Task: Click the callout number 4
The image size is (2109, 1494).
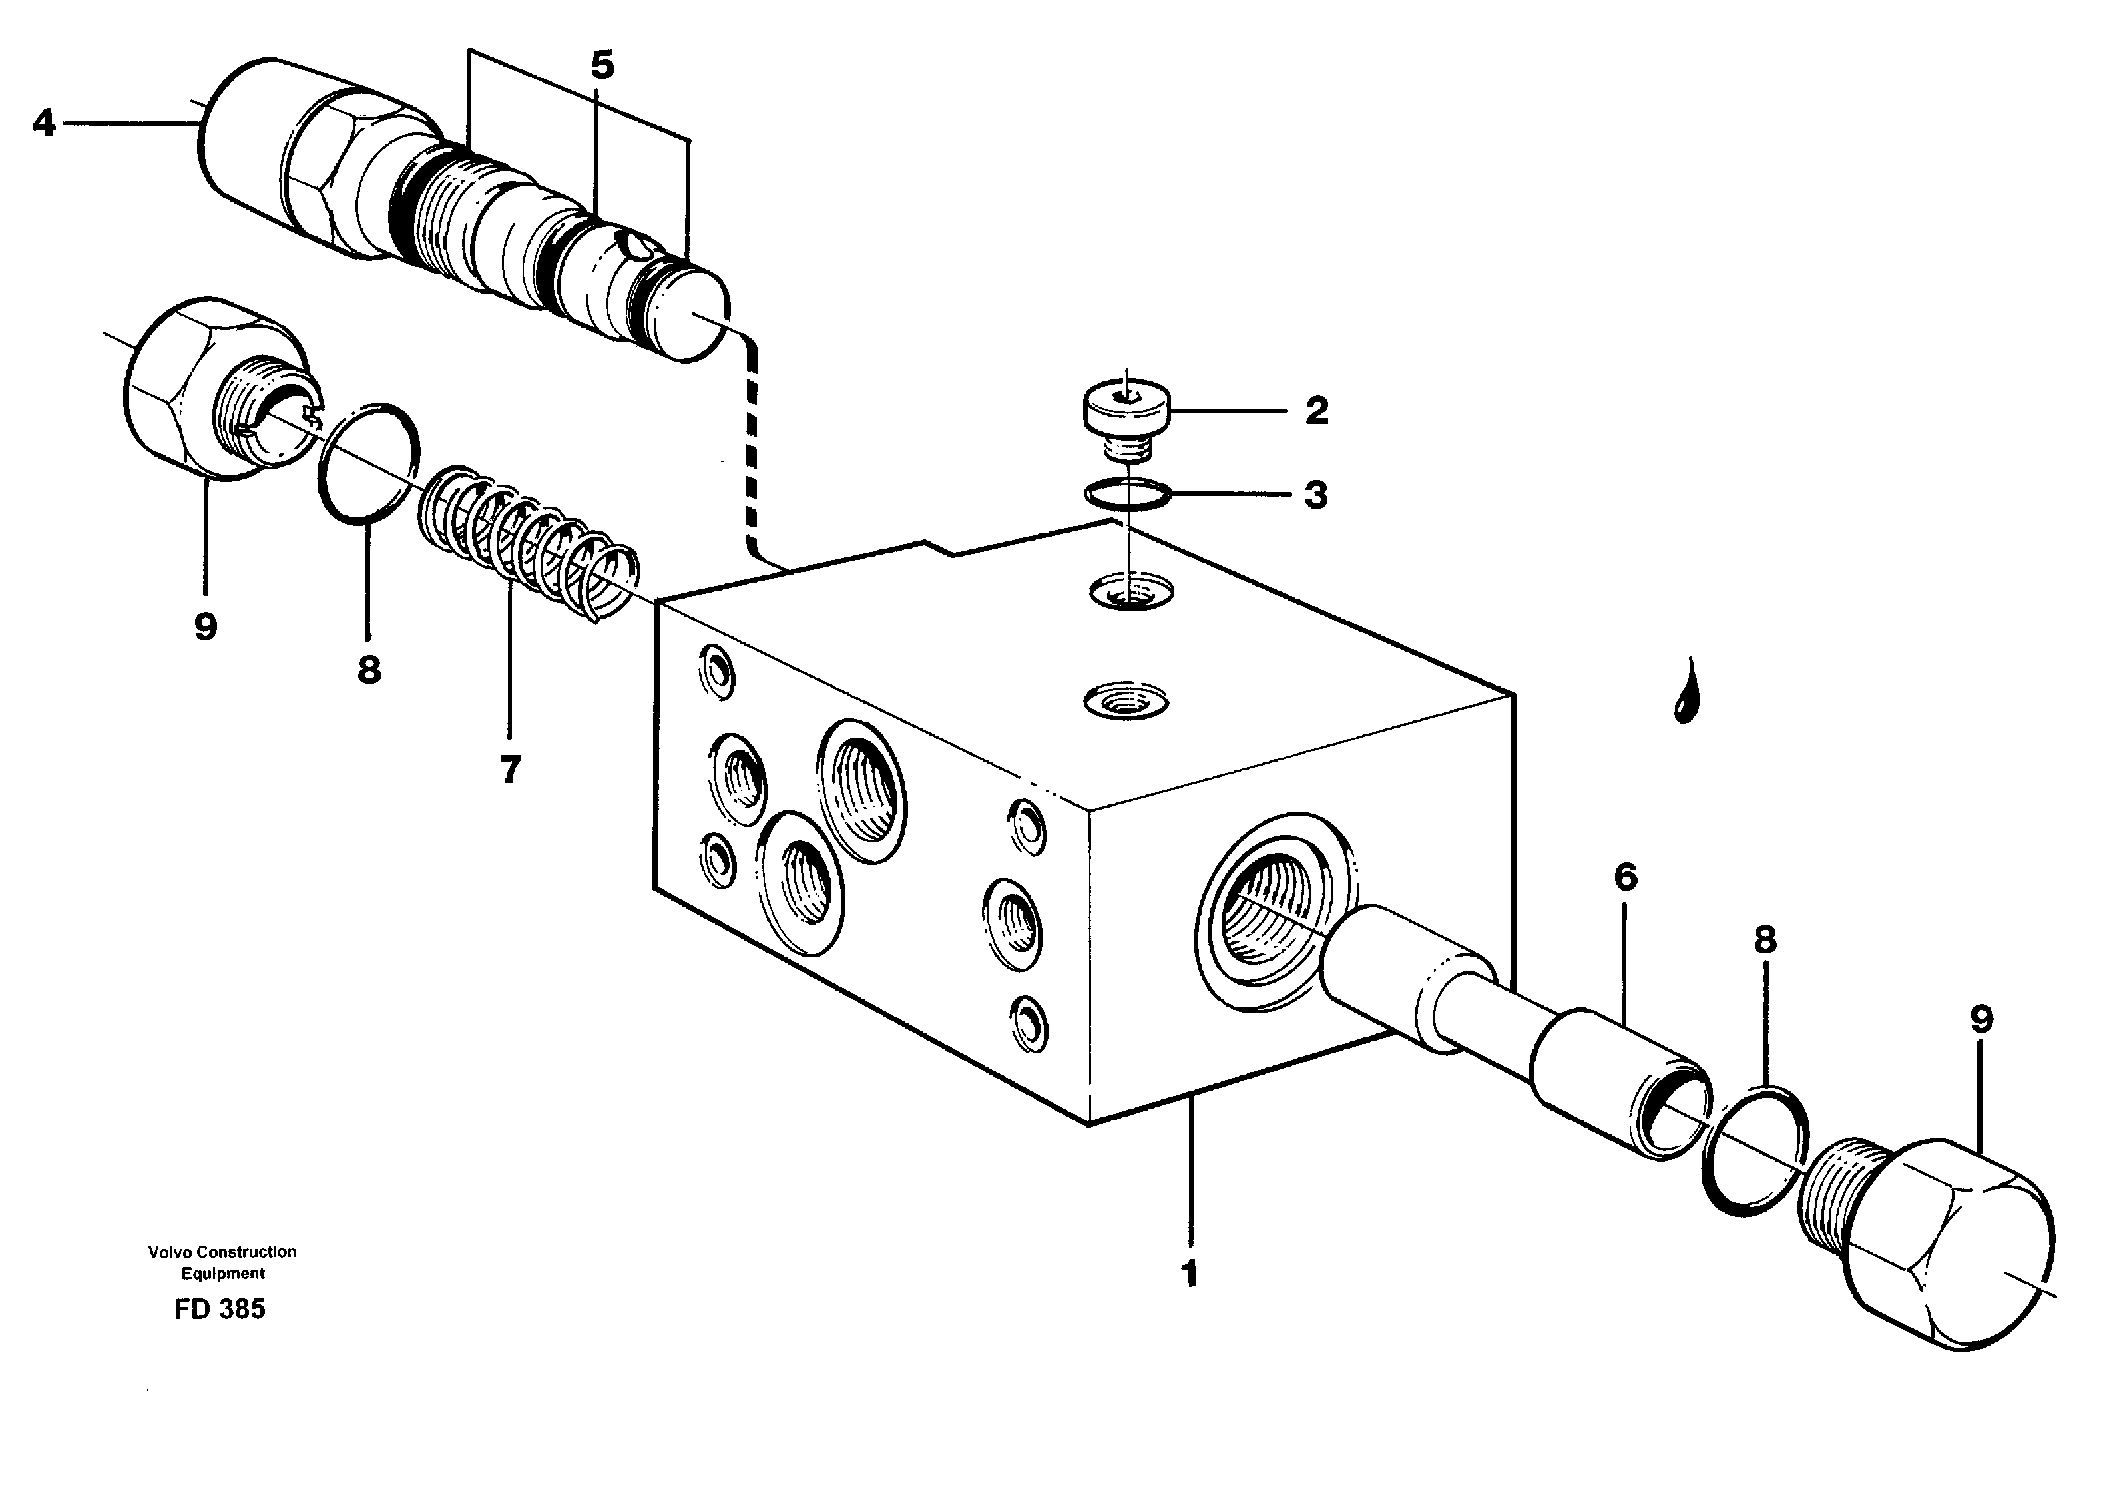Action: [43, 123]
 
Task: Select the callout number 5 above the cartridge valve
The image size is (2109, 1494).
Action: [602, 66]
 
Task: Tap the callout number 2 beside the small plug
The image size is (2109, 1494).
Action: [1316, 411]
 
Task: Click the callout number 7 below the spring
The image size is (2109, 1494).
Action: [511, 769]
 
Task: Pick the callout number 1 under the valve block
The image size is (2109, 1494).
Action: [1189, 1275]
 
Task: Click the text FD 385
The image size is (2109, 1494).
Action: [220, 1309]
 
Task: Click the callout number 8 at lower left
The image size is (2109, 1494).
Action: [369, 670]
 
